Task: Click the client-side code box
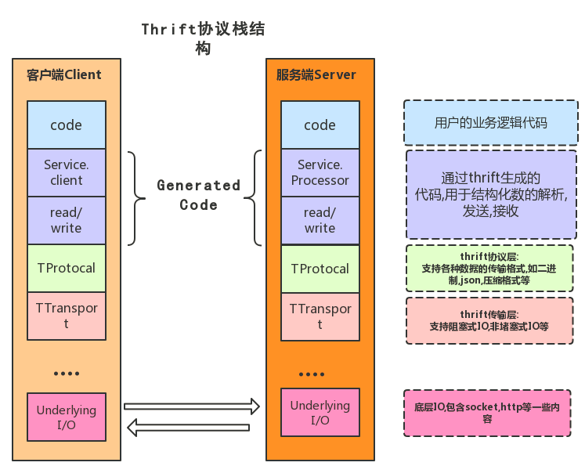pyautogui.click(x=66, y=125)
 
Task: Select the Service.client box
pyautogui.click(x=66, y=172)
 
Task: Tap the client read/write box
pyautogui.click(x=66, y=220)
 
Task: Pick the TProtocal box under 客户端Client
pyautogui.click(x=66, y=268)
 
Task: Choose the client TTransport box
pyautogui.click(x=66, y=316)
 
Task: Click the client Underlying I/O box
pyautogui.click(x=66, y=417)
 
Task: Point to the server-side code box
pyautogui.click(x=320, y=125)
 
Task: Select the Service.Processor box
pyautogui.click(x=320, y=172)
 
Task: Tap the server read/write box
pyautogui.click(x=320, y=220)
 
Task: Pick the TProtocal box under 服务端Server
pyautogui.click(x=320, y=269)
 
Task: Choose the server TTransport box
pyautogui.click(x=320, y=316)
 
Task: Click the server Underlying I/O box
pyautogui.click(x=320, y=413)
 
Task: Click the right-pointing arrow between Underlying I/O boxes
pyautogui.click(x=192, y=406)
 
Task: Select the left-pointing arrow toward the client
pyautogui.click(x=188, y=427)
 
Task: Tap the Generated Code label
pyautogui.click(x=198, y=195)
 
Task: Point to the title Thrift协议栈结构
pyautogui.click(x=203, y=38)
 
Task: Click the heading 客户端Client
pyautogui.click(x=63, y=75)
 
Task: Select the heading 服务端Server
pyautogui.click(x=316, y=75)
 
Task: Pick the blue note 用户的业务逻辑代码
pyautogui.click(x=490, y=123)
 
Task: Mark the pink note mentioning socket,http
pyautogui.click(x=487, y=413)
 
